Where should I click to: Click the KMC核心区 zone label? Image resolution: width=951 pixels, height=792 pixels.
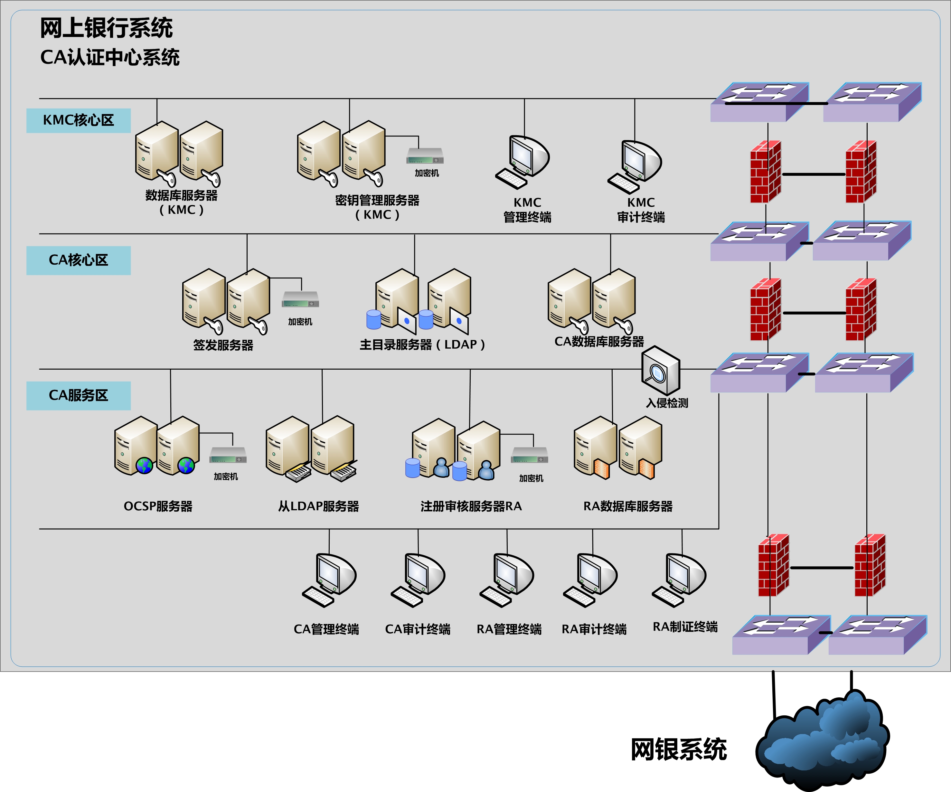coord(78,120)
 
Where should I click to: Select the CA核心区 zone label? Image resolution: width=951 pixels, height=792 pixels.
coord(78,260)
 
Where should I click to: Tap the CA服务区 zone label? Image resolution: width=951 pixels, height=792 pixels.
coord(78,396)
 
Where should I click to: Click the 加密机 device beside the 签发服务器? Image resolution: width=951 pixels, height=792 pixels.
coord(301,299)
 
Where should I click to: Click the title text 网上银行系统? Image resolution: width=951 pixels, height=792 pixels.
coord(107,28)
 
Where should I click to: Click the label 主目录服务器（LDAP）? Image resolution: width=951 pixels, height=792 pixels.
coord(422,344)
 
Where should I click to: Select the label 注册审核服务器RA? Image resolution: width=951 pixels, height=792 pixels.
coord(471,506)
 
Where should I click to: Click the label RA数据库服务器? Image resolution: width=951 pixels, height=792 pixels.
coord(628,506)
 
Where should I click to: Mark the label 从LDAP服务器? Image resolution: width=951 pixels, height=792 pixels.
coord(319,506)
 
